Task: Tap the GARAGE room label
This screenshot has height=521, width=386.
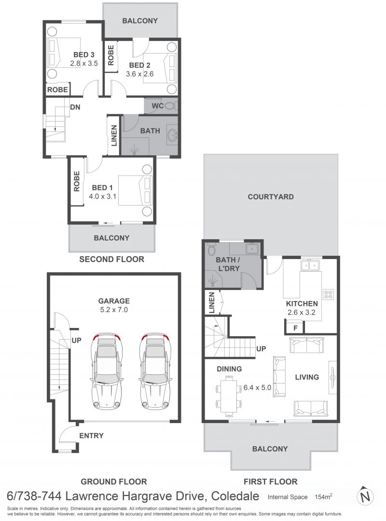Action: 114,301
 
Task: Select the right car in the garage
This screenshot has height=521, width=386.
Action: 155,370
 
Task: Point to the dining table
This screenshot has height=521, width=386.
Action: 228,396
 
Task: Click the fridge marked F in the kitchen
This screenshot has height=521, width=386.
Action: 295,327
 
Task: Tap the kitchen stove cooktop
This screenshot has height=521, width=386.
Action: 328,294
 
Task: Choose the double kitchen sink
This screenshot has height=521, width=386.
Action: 310,265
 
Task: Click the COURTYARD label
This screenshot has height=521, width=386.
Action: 271,197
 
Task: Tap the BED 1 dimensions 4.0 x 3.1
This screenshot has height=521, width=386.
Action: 102,196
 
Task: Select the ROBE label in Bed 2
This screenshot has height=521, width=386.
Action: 110,55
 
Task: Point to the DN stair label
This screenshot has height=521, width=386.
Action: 75,107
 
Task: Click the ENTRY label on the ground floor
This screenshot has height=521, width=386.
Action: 91,435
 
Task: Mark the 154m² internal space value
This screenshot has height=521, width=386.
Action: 323,497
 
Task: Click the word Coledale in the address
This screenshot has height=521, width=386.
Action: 235,496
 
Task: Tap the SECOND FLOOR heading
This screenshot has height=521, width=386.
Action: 112,259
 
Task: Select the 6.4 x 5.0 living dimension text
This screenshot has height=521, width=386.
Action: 257,387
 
